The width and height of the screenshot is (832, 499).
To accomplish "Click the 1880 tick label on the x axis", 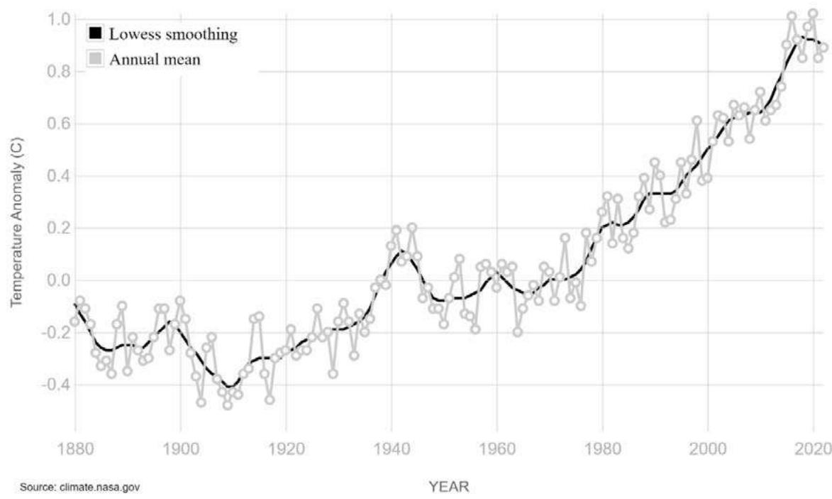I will tap(75, 451).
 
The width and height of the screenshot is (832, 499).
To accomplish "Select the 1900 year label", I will tap(180, 451).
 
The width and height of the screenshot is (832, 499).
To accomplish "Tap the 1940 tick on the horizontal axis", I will tap(391, 451).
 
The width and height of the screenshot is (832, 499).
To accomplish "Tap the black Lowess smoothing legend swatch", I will tap(95, 33).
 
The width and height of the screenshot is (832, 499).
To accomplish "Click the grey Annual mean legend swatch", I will tap(95, 60).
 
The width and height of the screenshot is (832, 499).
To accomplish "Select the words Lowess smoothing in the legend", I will tap(172, 33).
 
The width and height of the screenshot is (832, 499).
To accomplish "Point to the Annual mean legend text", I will tap(155, 60).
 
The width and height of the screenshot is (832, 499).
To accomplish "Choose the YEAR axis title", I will tap(448, 486).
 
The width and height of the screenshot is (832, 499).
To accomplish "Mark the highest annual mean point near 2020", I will tap(813, 13).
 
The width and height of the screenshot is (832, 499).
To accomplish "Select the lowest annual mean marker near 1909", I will tap(228, 405).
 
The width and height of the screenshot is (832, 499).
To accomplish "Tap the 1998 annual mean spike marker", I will tap(697, 121).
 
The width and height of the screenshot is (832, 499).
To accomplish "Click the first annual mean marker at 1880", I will tap(74, 322).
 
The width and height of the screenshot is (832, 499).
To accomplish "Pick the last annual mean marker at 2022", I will tap(823, 48).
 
